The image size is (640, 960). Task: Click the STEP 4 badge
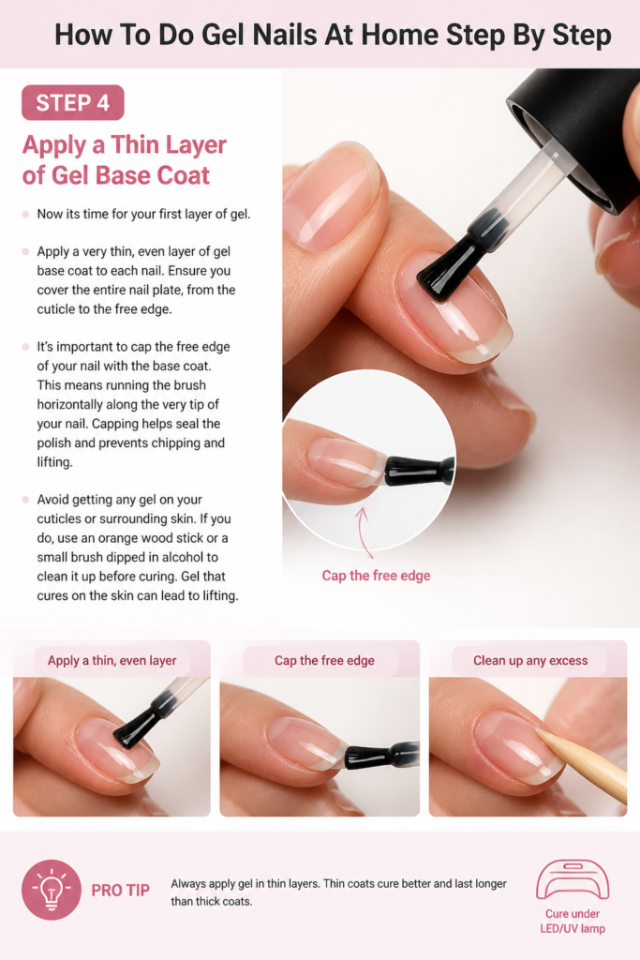pos(73,102)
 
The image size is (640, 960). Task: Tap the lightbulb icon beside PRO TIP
pos(52,890)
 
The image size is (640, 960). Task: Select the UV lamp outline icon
pos(573,879)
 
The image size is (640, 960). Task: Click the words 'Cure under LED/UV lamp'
pos(573,921)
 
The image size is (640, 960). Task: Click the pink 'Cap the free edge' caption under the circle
pos(377,576)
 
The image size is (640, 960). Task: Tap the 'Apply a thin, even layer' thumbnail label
pos(112,661)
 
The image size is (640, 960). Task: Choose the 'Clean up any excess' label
pos(530,661)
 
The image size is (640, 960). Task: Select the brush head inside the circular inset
pos(420,471)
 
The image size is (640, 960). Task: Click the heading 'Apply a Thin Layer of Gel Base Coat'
pos(125,159)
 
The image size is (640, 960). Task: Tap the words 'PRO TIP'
pos(121,891)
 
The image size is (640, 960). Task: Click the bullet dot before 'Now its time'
pos(25,215)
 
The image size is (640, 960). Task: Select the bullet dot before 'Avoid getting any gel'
pos(25,500)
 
